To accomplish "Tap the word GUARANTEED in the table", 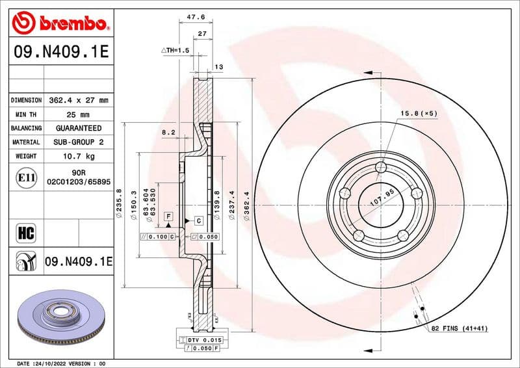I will (x=77, y=128).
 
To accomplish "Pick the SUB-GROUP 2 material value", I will (x=77, y=142).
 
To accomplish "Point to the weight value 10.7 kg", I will (x=77, y=156).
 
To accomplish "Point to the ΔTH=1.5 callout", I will (x=175, y=50).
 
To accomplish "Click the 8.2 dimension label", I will (x=168, y=132).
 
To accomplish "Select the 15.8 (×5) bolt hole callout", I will (x=419, y=114).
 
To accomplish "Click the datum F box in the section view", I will (x=168, y=215).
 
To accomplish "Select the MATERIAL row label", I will (x=27, y=142).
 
